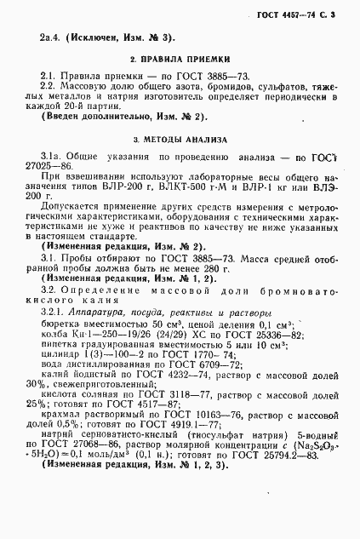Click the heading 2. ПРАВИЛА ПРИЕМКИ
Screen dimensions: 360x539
(x=180, y=60)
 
